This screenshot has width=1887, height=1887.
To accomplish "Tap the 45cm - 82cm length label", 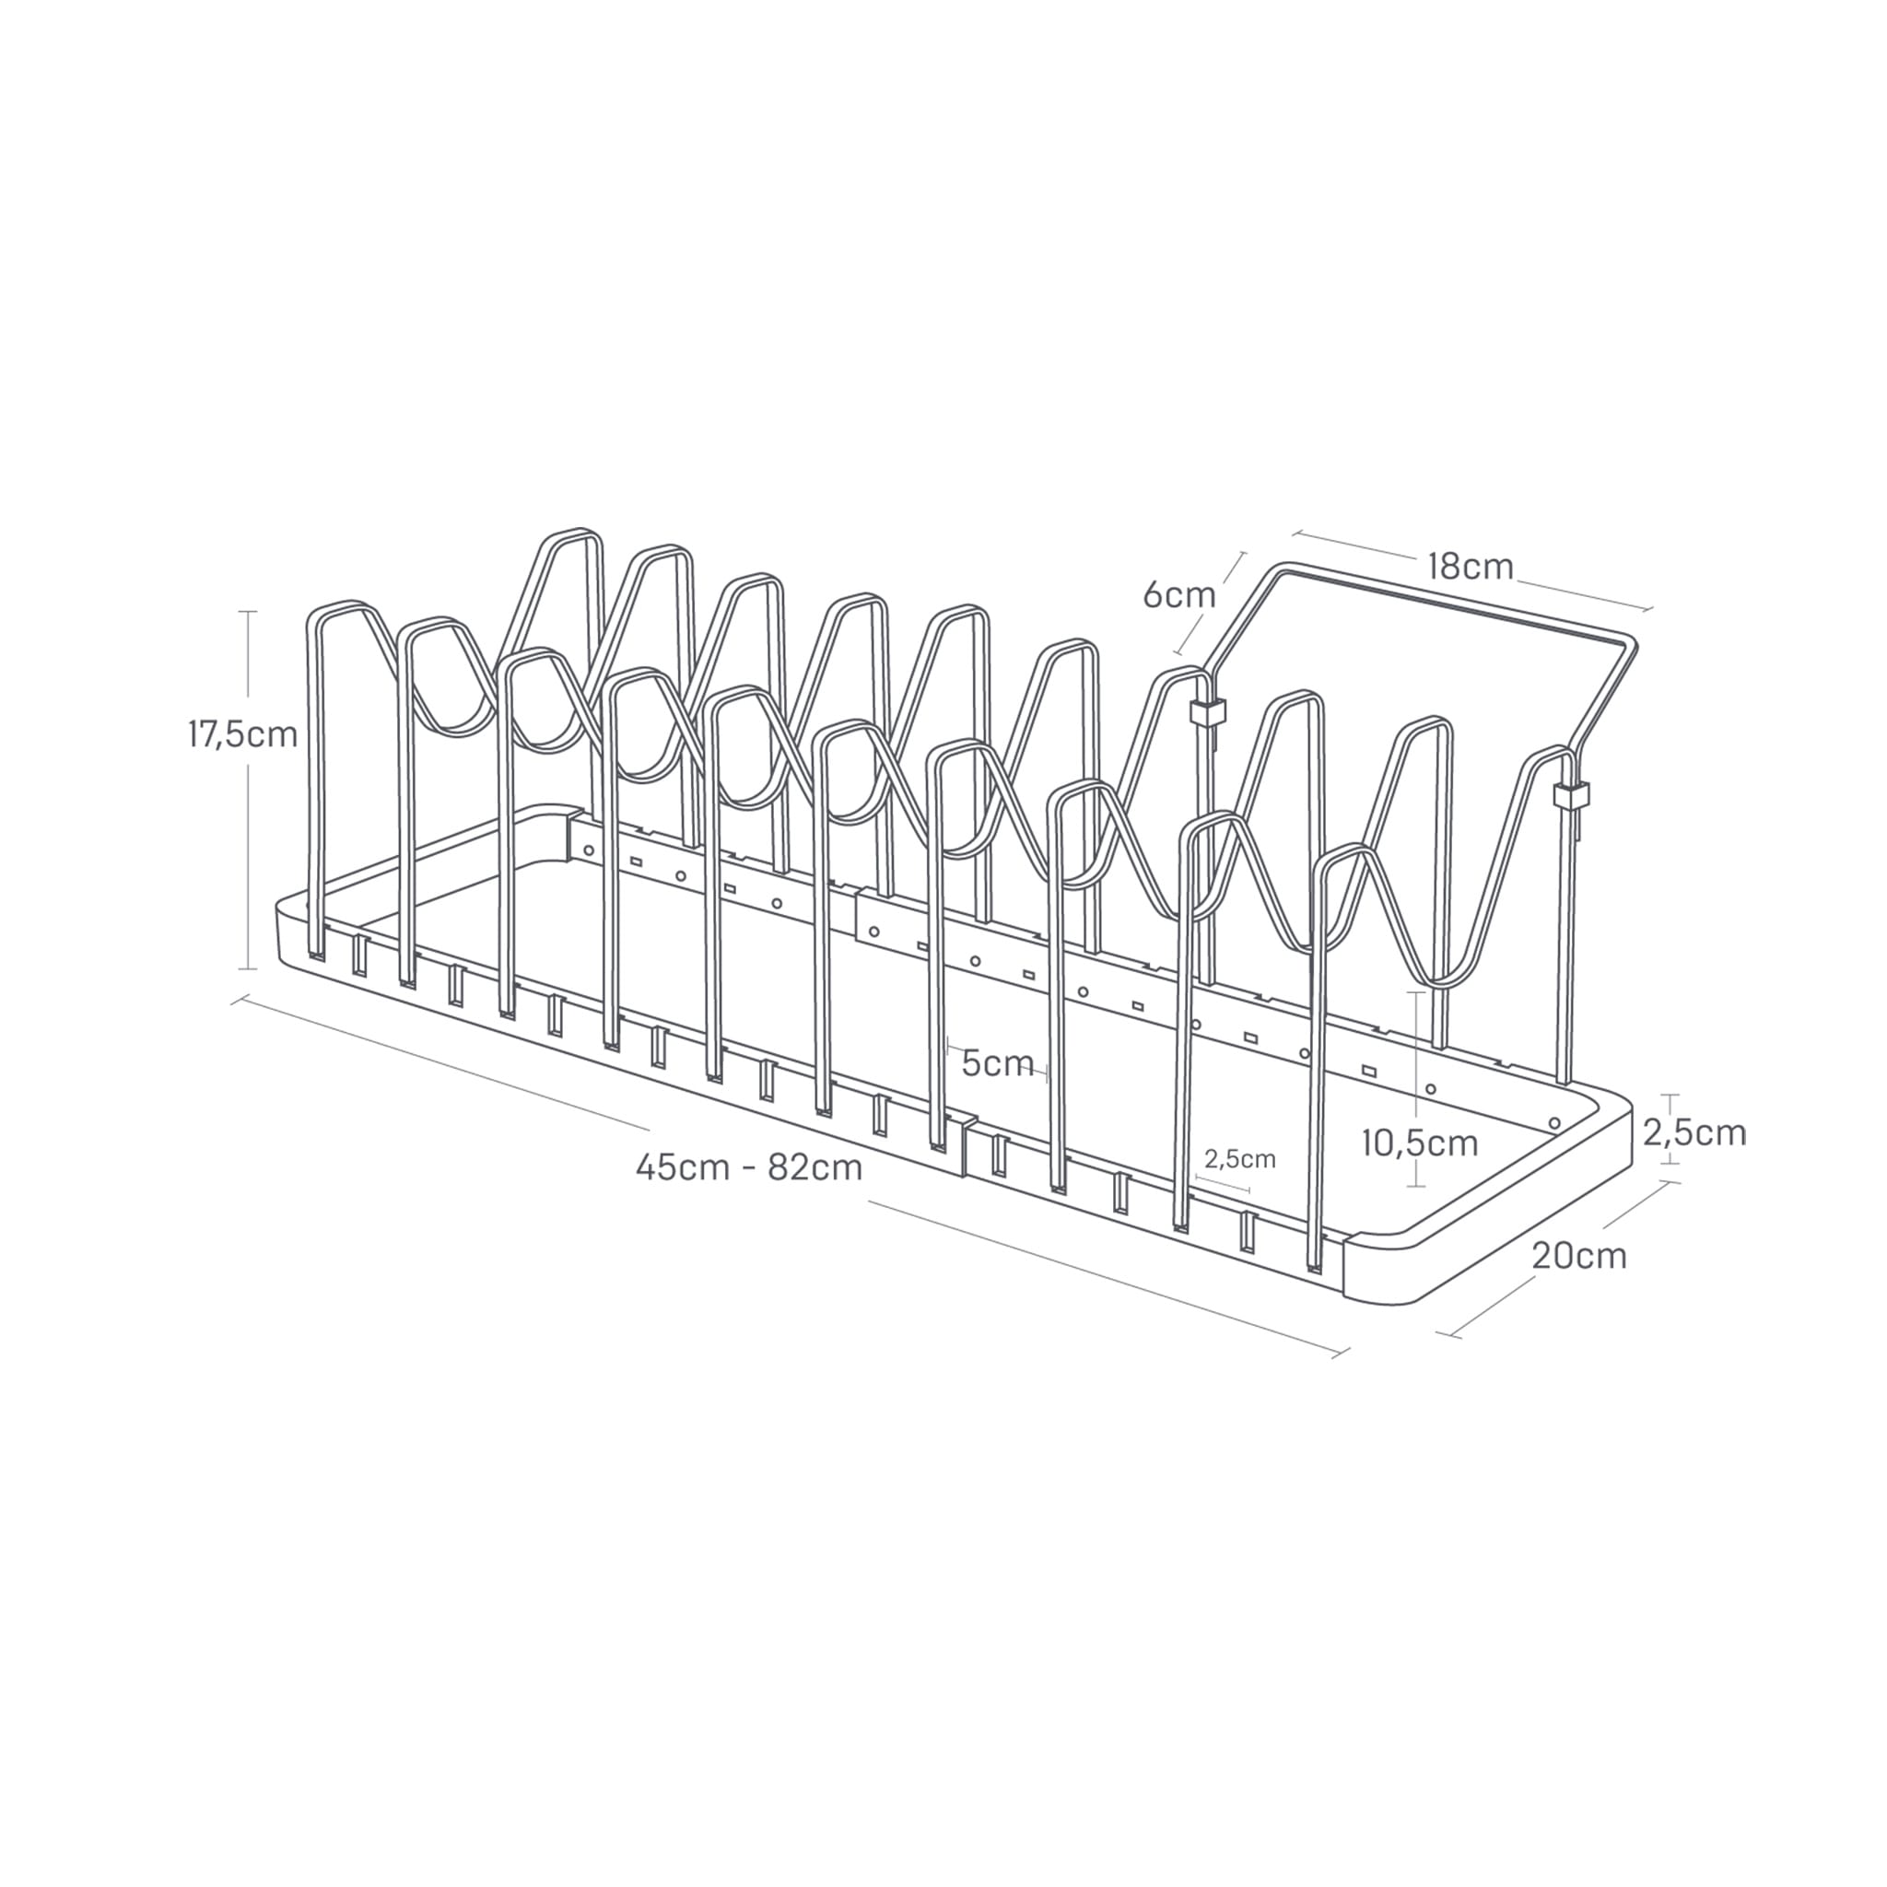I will pyautogui.click(x=748, y=1167).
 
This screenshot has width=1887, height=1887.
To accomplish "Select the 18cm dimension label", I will pyautogui.click(x=1470, y=567).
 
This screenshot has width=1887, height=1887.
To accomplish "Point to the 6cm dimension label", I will pyautogui.click(x=1178, y=595).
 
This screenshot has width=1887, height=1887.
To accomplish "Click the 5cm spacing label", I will pyautogui.click(x=997, y=1062).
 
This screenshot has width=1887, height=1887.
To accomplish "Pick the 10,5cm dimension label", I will pyautogui.click(x=1419, y=1142).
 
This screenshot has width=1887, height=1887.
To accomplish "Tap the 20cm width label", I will pyautogui.click(x=1578, y=1255).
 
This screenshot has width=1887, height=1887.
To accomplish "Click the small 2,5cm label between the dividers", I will pyautogui.click(x=1239, y=1158).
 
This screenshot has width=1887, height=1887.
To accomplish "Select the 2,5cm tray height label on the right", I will pyautogui.click(x=1694, y=1132).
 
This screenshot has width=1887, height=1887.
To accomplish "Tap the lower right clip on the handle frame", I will pyautogui.click(x=1569, y=795).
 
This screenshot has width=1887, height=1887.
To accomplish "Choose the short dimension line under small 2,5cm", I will pyautogui.click(x=1222, y=1187).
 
